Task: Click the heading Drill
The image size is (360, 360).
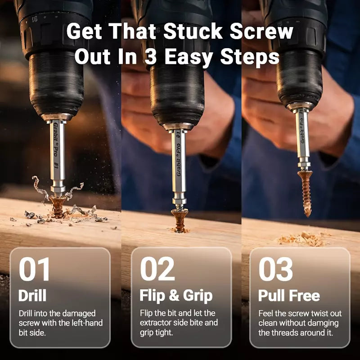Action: tap(32, 296)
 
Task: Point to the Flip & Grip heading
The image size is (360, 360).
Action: tap(176, 296)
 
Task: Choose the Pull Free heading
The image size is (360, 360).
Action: tap(289, 296)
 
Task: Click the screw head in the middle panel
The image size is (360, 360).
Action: tap(180, 215)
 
